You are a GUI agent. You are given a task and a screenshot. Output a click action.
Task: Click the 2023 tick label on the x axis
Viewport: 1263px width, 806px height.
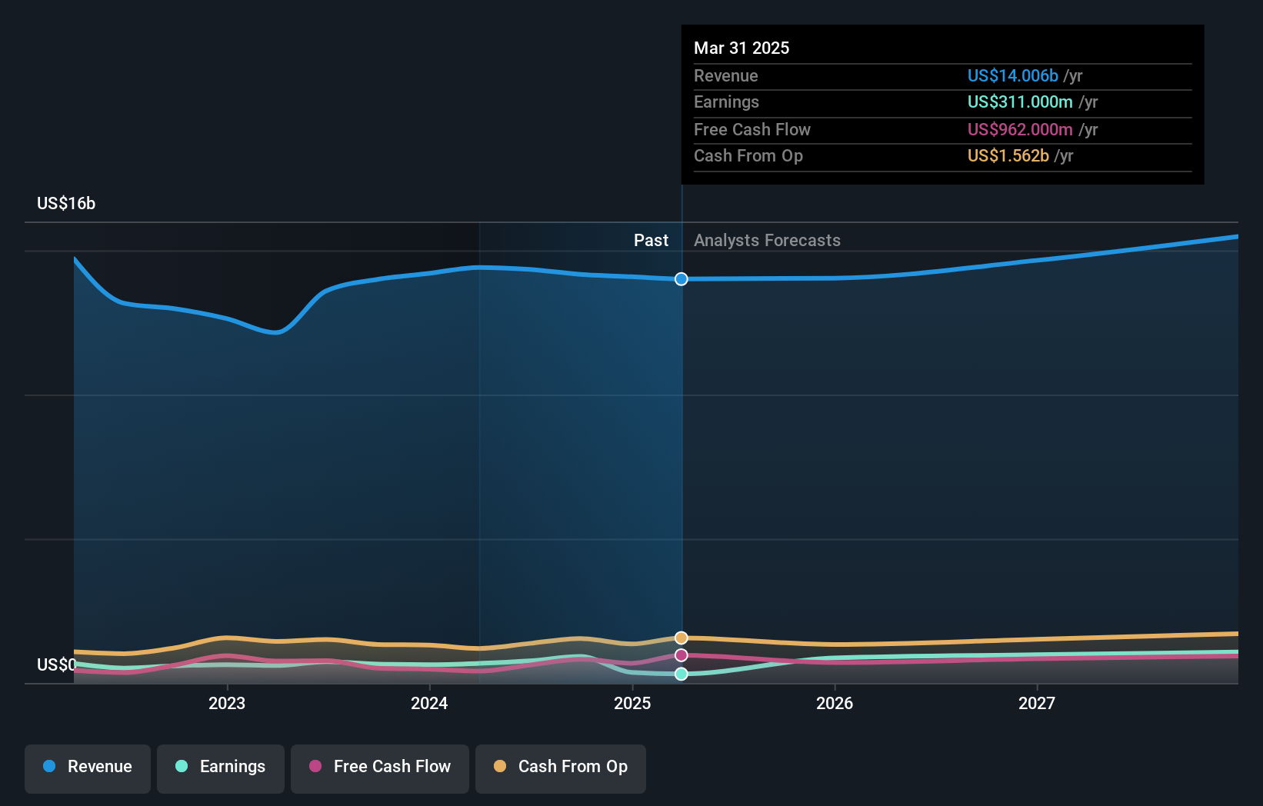click(227, 703)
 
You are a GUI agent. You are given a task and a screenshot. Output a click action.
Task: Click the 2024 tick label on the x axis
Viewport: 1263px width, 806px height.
click(429, 703)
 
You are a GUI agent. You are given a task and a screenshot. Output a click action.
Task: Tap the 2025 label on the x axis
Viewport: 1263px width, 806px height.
click(632, 703)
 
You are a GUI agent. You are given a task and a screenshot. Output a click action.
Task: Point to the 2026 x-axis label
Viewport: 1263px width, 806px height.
click(835, 703)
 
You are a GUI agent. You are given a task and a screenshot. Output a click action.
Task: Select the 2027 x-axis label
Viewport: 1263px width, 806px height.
click(1037, 703)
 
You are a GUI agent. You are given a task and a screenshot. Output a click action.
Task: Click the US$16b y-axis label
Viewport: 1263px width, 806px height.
click(66, 203)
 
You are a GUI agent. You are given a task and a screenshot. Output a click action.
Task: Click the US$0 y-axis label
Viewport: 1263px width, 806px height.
click(56, 664)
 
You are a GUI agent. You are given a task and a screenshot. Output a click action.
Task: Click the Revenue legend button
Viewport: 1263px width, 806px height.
click(88, 767)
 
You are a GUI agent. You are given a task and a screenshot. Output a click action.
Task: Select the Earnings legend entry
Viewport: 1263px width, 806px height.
click(221, 767)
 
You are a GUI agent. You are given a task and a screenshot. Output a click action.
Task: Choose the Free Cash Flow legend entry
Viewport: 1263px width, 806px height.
click(380, 767)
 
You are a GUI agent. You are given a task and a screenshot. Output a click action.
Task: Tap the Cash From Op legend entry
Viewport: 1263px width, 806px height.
click(561, 767)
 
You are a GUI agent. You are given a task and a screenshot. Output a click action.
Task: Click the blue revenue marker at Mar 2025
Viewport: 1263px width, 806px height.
click(681, 279)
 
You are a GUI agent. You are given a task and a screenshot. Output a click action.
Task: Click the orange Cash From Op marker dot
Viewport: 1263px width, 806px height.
click(681, 638)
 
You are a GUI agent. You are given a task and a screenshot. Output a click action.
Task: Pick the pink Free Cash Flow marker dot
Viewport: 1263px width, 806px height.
click(681, 655)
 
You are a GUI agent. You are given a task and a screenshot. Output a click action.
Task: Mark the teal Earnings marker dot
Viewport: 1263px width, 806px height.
click(681, 674)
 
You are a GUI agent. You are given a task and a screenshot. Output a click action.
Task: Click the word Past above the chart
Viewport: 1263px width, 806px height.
click(651, 240)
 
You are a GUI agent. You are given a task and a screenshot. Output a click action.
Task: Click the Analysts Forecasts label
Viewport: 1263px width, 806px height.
click(767, 240)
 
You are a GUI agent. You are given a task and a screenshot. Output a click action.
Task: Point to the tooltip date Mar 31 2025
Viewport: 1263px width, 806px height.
click(741, 48)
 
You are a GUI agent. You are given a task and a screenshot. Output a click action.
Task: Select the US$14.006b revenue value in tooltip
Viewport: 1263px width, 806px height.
click(1012, 75)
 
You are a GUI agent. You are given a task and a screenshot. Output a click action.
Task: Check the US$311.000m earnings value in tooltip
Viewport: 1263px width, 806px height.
click(1020, 102)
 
